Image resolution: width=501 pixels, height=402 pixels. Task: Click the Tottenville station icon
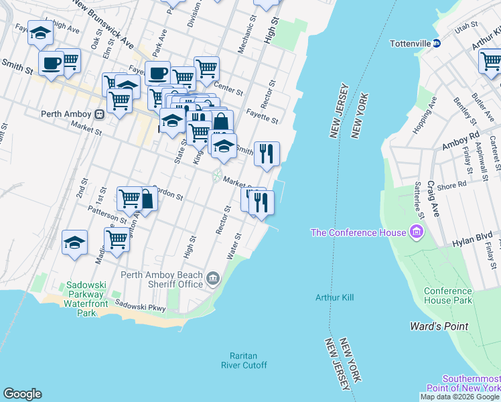coord(436,44)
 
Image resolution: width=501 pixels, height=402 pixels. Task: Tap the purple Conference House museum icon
coord(417,232)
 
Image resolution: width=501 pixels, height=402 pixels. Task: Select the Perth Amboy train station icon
coord(98,114)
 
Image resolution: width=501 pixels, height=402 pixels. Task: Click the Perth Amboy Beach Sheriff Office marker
coord(213,279)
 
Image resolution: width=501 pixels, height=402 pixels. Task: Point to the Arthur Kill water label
coord(334,297)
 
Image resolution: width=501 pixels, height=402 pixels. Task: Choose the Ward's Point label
coord(439,326)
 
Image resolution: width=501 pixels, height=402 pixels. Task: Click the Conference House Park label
coord(447,295)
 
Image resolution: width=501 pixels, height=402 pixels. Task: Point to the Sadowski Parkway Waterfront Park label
coord(86,299)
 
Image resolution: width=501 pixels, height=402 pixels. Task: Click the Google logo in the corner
coord(22,394)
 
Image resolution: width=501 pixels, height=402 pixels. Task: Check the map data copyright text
coord(459,397)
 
